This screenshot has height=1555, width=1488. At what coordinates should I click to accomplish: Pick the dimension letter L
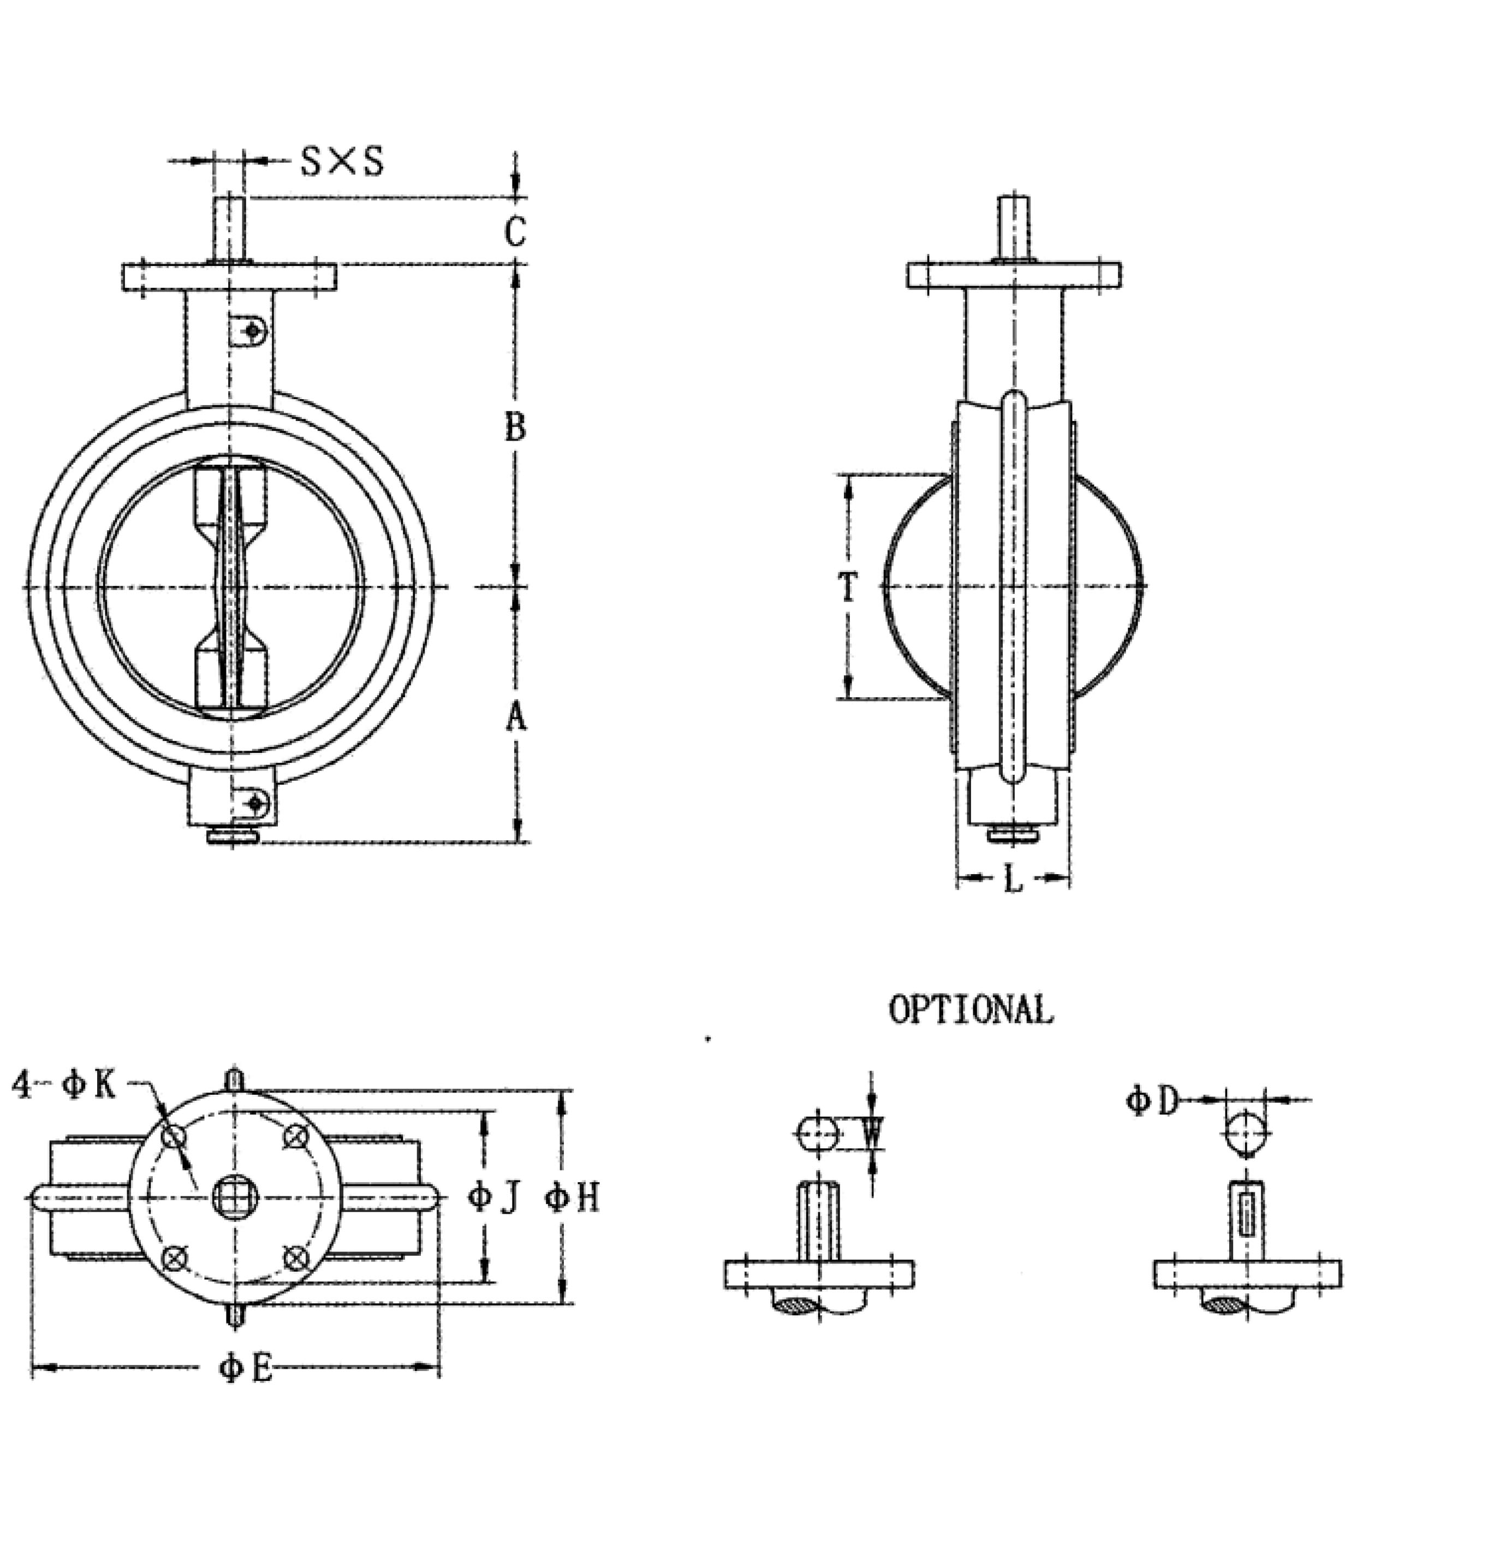(x=1013, y=879)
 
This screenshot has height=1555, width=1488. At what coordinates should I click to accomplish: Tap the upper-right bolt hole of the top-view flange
(x=296, y=1136)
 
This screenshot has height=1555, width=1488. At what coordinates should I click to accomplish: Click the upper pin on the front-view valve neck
(x=252, y=329)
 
